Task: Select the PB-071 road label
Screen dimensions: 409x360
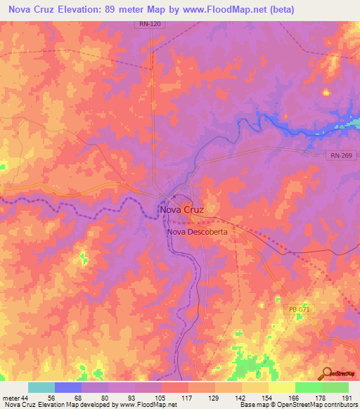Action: [x=298, y=309]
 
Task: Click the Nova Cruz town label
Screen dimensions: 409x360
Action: [x=181, y=209]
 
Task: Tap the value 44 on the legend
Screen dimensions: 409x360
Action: [x=25, y=397]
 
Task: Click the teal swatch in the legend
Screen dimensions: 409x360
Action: [x=41, y=387]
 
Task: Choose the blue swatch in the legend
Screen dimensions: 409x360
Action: [x=68, y=387]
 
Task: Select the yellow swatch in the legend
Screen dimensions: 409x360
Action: [x=281, y=387]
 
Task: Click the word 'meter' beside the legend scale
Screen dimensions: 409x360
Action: [x=10, y=397]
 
